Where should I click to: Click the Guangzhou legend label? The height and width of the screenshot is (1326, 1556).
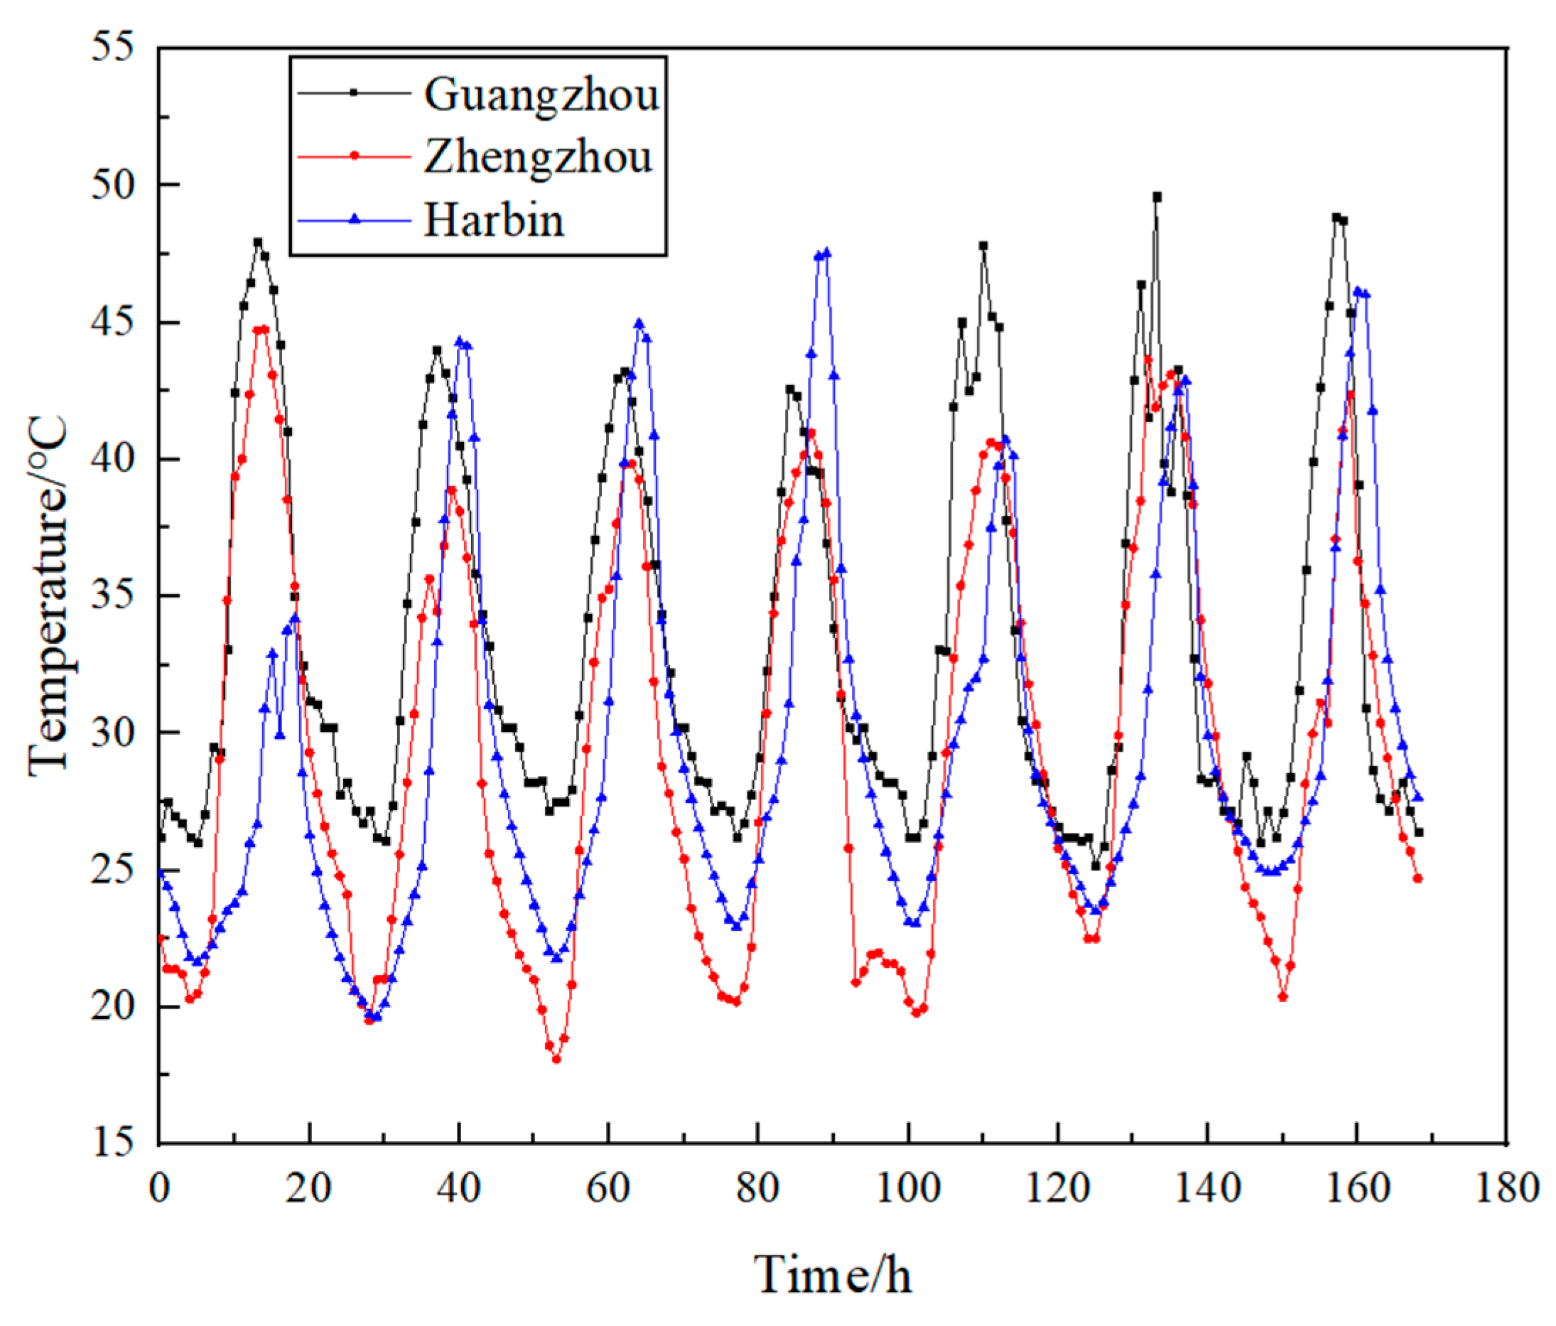click(x=541, y=95)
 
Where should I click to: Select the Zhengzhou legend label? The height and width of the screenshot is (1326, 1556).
click(x=538, y=157)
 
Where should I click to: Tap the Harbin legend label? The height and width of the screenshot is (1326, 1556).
click(x=493, y=220)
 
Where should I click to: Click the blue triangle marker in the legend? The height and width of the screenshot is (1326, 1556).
click(x=355, y=220)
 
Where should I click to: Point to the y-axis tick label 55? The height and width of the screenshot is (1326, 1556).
click(x=113, y=47)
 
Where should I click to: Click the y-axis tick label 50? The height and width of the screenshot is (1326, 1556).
click(x=113, y=184)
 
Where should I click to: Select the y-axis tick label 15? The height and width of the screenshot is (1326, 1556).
click(x=113, y=1144)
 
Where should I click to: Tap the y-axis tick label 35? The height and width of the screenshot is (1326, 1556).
click(x=113, y=595)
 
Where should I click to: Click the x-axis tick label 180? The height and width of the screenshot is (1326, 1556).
click(x=1506, y=1190)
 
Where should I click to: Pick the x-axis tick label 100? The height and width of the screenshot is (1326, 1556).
click(x=908, y=1190)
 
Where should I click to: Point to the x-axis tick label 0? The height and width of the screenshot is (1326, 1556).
click(x=159, y=1190)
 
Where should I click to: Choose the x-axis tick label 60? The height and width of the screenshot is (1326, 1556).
click(x=608, y=1190)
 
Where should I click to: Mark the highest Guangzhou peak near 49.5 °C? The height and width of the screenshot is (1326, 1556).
click(x=1157, y=197)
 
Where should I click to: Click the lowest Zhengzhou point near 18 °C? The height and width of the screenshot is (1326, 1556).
click(x=556, y=1060)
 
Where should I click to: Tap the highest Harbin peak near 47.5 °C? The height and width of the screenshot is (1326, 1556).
click(x=827, y=252)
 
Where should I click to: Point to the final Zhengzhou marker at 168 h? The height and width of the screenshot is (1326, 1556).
click(x=1418, y=878)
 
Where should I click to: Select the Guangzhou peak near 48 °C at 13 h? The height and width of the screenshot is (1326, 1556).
click(x=258, y=242)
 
